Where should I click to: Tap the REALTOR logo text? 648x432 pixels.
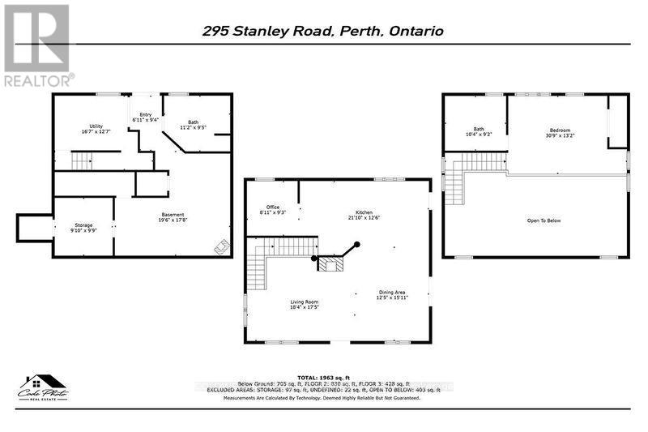coord(37,79)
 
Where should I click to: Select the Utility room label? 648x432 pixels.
coord(96,129)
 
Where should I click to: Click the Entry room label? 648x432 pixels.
coord(146,118)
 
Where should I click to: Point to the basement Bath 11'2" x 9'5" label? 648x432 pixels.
coord(194,125)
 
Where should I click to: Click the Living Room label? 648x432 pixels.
coord(305,305)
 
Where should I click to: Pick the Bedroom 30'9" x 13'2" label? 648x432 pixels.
coord(561,133)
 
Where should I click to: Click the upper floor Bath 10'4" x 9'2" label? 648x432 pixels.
coord(479,131)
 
